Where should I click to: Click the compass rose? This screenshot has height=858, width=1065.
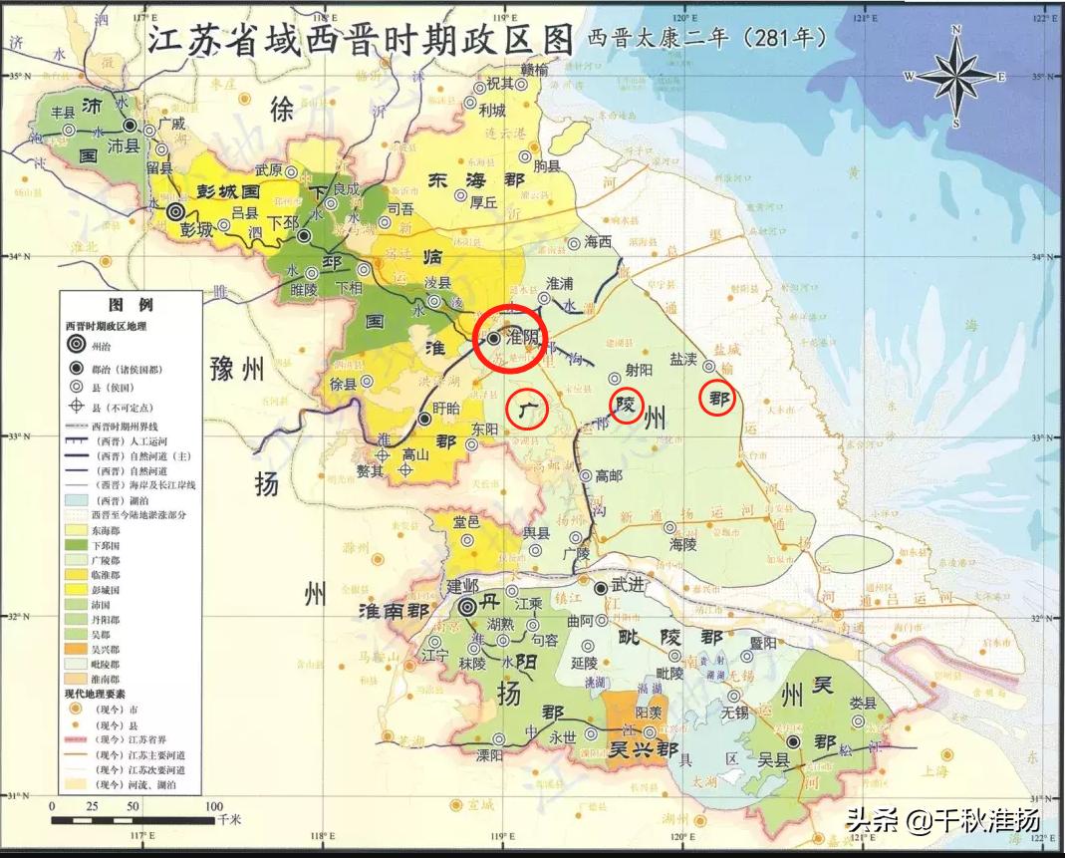pyautogui.click(x=954, y=77)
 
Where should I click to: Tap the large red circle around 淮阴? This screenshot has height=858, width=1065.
pyautogui.click(x=507, y=344)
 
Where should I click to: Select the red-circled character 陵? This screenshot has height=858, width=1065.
pyautogui.click(x=626, y=406)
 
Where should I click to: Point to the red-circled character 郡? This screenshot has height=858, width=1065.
pyautogui.click(x=717, y=399)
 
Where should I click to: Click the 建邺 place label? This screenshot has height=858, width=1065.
pyautogui.click(x=463, y=585)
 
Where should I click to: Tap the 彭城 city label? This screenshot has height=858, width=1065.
pyautogui.click(x=197, y=229)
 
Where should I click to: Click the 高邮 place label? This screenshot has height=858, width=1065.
pyautogui.click(x=608, y=476)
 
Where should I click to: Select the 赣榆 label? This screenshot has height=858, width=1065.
pyautogui.click(x=528, y=70)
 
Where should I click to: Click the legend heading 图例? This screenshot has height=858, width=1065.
pyautogui.click(x=131, y=304)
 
